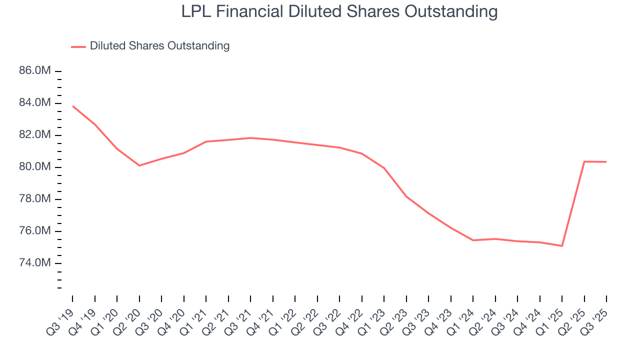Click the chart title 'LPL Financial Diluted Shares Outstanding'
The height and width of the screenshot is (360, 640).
[x=339, y=11]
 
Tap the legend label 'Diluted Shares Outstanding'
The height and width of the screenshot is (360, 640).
[x=159, y=46]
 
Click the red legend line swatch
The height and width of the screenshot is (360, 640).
[x=78, y=46]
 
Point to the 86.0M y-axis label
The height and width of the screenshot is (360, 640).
[x=35, y=71]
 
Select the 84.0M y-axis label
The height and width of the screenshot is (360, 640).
[x=35, y=103]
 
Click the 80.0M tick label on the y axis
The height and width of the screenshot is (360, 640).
[x=35, y=167]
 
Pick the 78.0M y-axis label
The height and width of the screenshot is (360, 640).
[x=35, y=199]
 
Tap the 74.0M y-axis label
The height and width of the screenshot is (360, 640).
[x=35, y=263]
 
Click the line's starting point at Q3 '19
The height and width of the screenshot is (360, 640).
[x=72, y=106]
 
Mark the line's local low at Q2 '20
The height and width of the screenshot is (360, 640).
[x=139, y=165]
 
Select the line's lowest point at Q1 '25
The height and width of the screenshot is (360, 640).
[x=562, y=246]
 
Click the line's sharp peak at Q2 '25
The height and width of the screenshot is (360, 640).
[x=584, y=161]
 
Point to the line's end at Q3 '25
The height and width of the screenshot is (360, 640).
[x=606, y=162]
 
